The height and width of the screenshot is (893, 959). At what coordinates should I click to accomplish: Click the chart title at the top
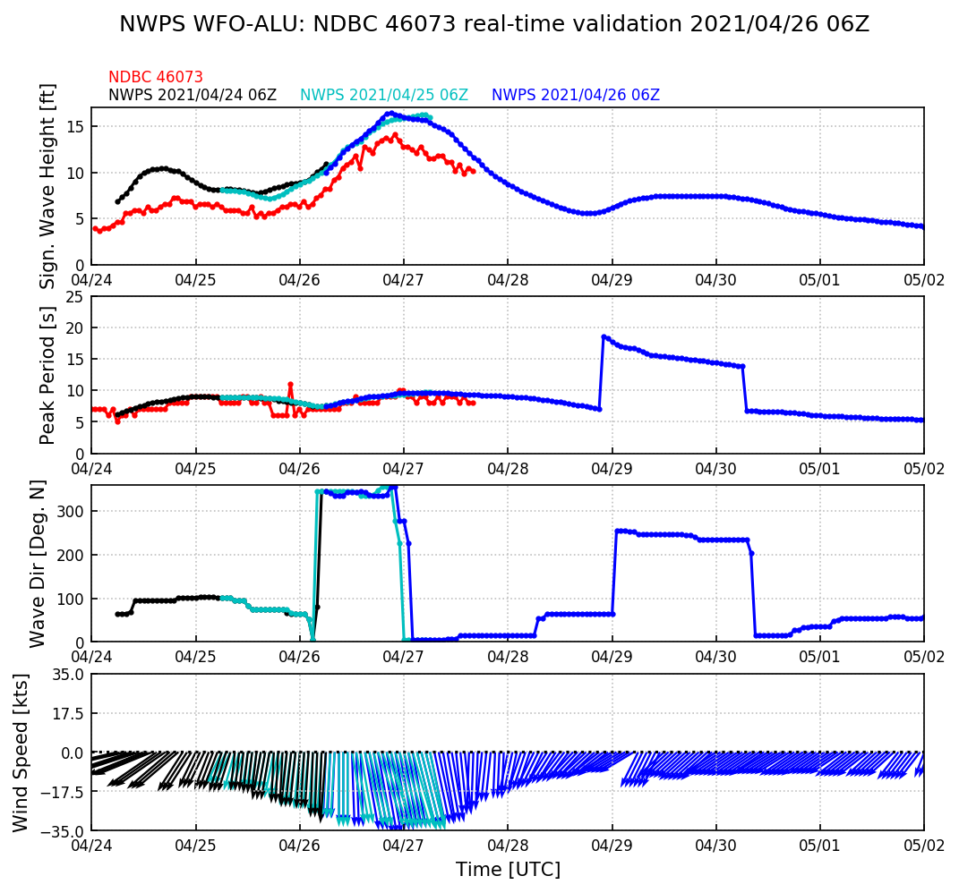coord(494,24)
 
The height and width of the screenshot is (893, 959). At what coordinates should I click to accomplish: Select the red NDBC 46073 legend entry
coord(156,78)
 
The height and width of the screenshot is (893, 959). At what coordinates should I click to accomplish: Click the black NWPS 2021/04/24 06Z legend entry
coord(193,95)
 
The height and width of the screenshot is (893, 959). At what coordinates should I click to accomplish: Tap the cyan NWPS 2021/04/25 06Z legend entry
coord(384,95)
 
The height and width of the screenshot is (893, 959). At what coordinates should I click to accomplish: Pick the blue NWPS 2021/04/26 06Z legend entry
coord(576,95)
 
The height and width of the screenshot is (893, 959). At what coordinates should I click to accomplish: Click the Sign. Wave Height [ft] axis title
coord(48,186)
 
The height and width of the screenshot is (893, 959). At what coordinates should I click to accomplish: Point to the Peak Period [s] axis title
coord(48,375)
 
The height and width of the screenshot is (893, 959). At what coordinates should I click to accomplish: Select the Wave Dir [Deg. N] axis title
coord(38,564)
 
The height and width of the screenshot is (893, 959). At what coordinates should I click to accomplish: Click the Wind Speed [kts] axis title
coord(21,753)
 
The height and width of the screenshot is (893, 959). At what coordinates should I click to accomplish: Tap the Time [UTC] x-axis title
coord(508,870)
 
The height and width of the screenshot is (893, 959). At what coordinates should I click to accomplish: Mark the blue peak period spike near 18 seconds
coord(604,336)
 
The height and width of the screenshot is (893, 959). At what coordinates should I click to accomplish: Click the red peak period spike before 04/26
coord(290,384)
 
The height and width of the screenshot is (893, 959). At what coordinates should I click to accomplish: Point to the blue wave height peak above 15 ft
coord(390,114)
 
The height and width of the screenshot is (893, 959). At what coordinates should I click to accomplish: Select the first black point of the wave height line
coord(117,201)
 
